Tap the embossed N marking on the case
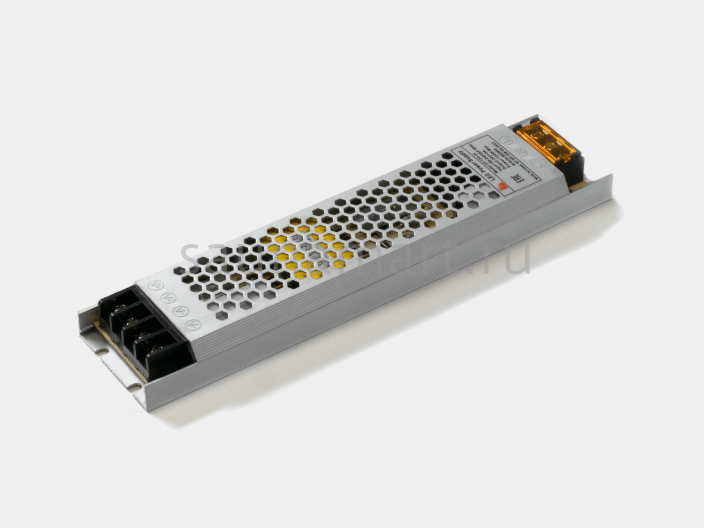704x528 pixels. [x=521, y=151]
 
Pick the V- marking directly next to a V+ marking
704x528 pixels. [x=179, y=311]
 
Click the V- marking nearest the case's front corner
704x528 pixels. [x=191, y=324]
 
